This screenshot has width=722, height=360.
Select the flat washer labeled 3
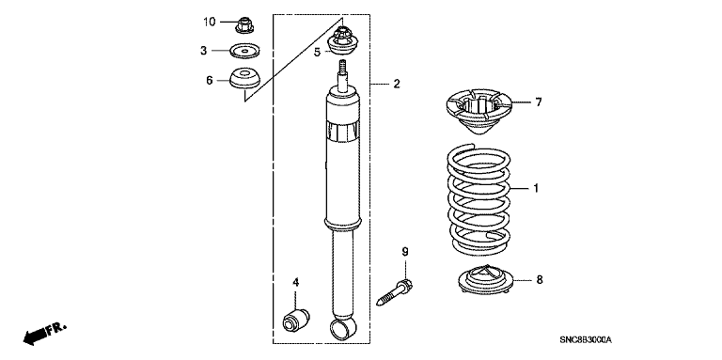point(244,51)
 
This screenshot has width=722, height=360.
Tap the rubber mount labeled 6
point(245,78)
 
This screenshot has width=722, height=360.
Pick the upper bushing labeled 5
point(342,42)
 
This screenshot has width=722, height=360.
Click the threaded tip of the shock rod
point(342,66)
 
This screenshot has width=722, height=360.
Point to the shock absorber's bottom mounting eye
point(343,326)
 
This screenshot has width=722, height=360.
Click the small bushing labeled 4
point(295,320)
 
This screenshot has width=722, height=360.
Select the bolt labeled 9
point(395,292)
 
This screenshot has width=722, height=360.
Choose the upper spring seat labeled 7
point(479,112)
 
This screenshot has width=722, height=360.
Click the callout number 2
point(397,85)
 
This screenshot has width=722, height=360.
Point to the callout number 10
point(210,22)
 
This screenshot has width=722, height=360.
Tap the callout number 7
point(539,102)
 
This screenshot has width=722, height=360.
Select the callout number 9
point(405,252)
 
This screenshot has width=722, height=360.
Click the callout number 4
point(295,282)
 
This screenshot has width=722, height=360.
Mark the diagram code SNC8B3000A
point(586,340)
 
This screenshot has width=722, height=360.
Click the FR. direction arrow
point(45,334)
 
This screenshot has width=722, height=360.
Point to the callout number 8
point(540,279)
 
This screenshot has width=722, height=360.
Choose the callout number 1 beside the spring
point(536,188)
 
